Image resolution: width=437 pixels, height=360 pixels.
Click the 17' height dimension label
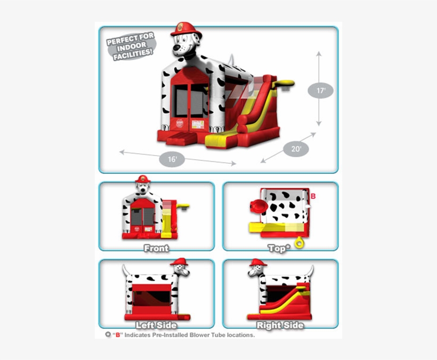320,91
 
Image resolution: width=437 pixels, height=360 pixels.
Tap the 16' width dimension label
172,159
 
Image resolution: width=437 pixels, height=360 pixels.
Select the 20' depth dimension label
296,149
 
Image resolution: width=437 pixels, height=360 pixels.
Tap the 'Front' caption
156,248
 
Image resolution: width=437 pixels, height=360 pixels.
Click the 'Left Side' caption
156,325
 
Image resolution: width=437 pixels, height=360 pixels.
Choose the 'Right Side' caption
280,325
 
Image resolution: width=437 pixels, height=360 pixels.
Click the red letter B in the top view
313,196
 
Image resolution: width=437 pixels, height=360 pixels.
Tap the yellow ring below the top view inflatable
300,243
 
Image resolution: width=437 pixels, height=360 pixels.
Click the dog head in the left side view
180,268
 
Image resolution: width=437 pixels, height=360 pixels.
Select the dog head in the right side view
256,268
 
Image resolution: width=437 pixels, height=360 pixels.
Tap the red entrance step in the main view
181,140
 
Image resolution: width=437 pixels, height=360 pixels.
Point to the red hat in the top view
258,206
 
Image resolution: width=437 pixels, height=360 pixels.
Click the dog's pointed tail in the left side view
125,270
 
